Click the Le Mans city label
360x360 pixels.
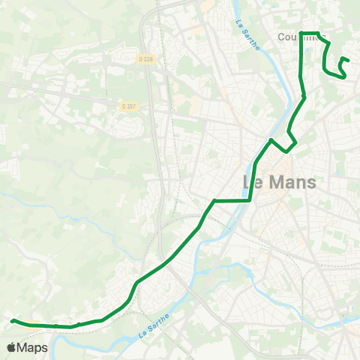(x=280, y=182)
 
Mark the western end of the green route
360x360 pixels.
(x=13, y=321)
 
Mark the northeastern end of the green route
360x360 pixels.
(x=348, y=61)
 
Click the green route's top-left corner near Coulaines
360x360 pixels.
(x=301, y=33)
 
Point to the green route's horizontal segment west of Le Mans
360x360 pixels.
(x=232, y=200)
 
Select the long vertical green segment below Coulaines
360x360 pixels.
(x=301, y=64)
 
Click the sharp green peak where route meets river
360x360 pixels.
(x=271, y=140)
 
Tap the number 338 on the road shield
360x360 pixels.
(x=149, y=59)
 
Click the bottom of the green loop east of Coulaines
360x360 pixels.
(x=334, y=74)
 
